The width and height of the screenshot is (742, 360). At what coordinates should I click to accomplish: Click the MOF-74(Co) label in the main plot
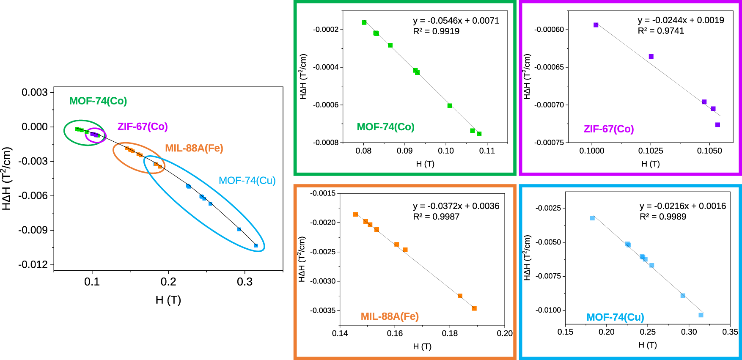tap(98, 101)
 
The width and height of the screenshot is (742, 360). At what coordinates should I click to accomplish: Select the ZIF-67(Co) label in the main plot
tap(143, 126)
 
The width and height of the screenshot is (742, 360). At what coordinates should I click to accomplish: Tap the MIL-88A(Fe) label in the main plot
tap(194, 148)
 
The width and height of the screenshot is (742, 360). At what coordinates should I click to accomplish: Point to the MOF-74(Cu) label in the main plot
tap(247, 181)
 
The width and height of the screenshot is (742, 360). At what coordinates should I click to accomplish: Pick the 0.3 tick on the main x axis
tap(245, 282)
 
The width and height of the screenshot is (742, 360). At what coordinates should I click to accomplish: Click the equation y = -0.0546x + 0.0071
tap(456, 21)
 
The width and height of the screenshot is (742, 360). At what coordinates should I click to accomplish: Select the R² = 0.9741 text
tap(661, 31)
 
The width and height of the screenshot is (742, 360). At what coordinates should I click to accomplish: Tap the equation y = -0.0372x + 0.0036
tap(456, 206)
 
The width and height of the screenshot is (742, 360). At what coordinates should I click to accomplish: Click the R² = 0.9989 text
tap(663, 217)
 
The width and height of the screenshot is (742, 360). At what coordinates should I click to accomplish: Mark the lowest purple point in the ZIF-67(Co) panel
tap(717, 125)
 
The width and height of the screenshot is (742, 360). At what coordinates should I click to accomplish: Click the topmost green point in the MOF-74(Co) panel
tap(364, 22)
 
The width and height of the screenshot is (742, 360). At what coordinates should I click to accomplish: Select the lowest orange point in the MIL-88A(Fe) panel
tap(474, 308)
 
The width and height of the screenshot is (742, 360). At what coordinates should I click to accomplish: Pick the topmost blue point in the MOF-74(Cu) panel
tap(592, 218)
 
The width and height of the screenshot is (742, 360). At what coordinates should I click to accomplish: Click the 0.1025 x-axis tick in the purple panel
tap(651, 151)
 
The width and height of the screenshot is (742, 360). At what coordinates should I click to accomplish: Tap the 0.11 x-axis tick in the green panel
tap(487, 151)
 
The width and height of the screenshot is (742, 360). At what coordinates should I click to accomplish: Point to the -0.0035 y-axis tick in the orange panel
tap(323, 311)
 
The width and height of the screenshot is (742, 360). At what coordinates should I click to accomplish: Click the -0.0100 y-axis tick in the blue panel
tap(548, 310)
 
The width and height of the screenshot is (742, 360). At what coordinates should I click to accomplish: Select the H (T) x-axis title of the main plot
tap(168, 300)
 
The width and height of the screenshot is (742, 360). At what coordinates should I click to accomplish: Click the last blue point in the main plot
tap(256, 245)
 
